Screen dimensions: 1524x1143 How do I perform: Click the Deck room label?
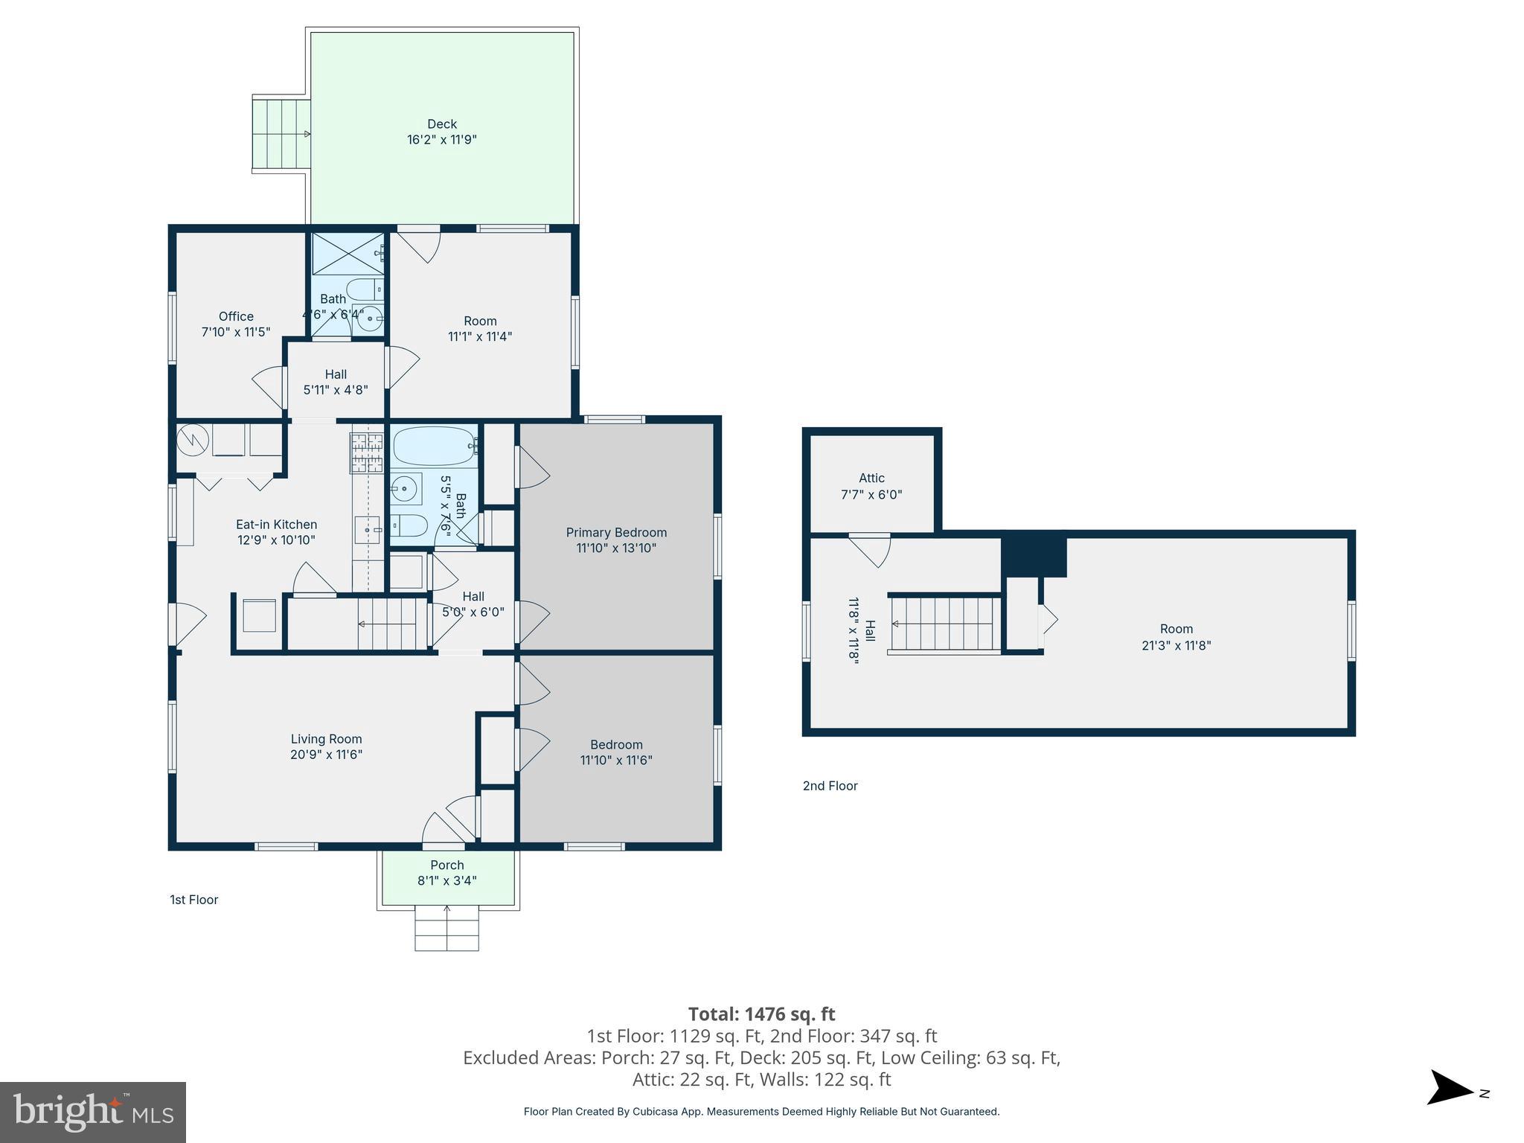coord(442,124)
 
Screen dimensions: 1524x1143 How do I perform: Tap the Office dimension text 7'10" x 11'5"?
coord(236,332)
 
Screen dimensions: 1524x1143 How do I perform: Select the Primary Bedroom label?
coord(616,532)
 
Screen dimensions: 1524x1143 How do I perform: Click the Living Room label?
coord(326,739)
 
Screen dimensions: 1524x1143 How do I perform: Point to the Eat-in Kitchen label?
coord(277,525)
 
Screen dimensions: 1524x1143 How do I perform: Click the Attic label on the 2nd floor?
coord(871,478)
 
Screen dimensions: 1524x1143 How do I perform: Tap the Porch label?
coord(447,865)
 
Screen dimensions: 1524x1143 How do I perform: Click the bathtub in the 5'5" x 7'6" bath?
coord(434,446)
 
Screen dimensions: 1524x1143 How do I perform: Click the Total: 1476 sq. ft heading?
coord(762,1014)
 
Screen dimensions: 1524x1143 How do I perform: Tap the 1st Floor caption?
coord(194,900)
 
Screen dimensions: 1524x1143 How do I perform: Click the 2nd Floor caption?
coord(830,786)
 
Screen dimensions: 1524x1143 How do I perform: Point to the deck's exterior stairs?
coord(281,135)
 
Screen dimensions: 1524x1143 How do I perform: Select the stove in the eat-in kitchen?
coord(367,453)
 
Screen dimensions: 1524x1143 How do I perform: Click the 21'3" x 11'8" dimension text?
coord(1176,645)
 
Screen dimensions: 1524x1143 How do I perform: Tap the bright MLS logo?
coord(93,1112)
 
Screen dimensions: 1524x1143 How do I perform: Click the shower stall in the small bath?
coord(348,254)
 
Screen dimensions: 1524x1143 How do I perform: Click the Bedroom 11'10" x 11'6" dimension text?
coord(616,760)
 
